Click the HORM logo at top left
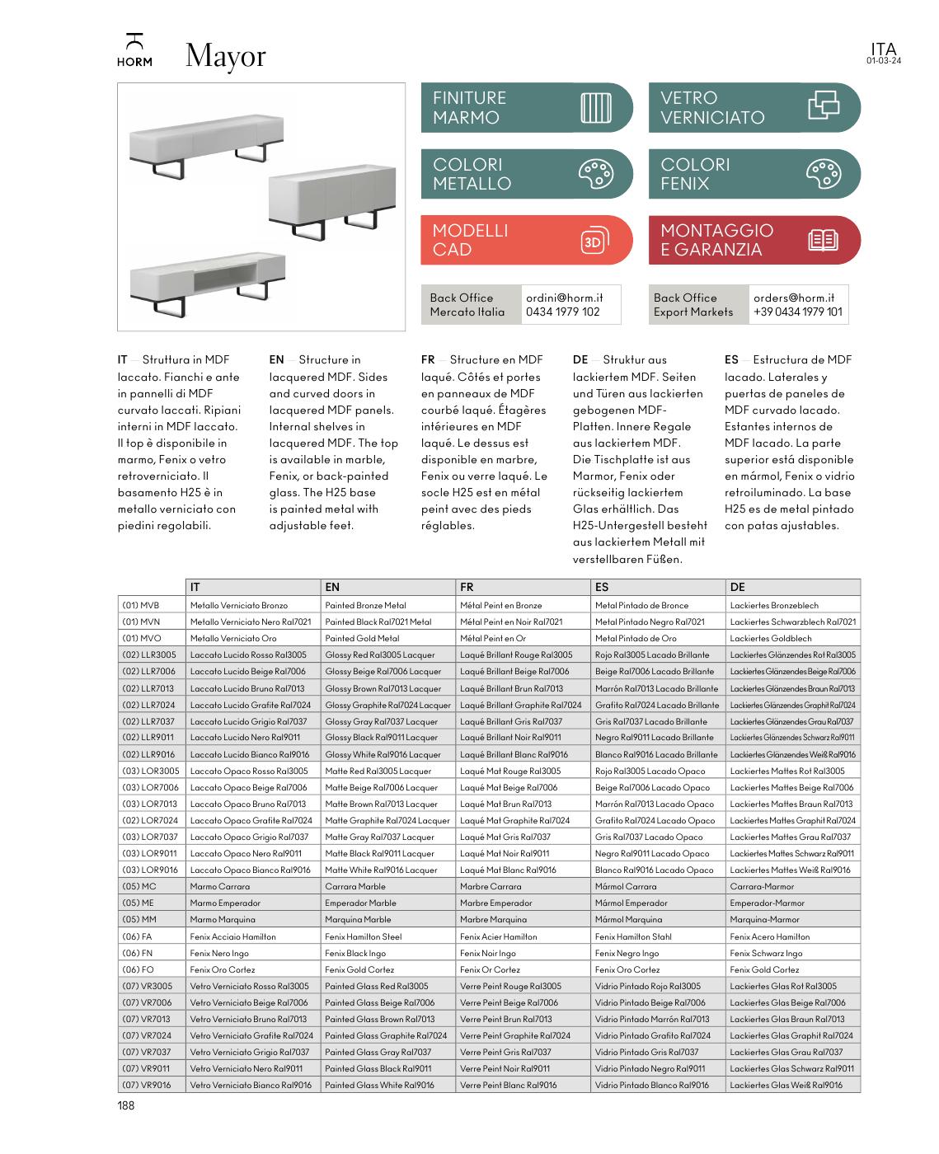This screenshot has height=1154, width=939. click(134, 51)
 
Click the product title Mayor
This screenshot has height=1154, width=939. click(225, 56)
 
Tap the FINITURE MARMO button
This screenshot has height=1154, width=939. click(526, 108)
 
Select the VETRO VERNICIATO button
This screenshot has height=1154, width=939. click(754, 108)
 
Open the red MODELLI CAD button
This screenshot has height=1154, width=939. click(526, 240)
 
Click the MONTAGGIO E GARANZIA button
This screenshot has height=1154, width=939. click(754, 240)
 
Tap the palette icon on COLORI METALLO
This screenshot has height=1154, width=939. click(594, 174)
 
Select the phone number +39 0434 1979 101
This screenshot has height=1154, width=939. click(797, 312)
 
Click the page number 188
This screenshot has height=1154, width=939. click(125, 1106)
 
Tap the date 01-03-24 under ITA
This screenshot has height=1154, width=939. click(883, 61)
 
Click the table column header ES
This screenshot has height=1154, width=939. click(601, 587)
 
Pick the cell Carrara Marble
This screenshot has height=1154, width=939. click(354, 887)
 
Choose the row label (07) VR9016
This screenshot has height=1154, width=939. click(146, 1085)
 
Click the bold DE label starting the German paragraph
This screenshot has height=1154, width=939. click(580, 359)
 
